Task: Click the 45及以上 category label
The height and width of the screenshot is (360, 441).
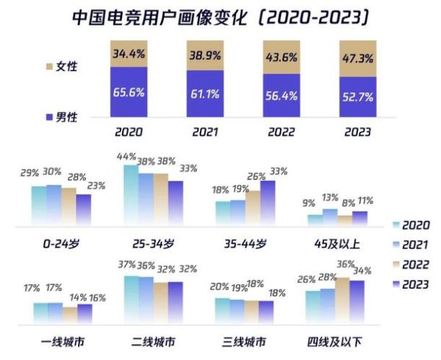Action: (x=336, y=244)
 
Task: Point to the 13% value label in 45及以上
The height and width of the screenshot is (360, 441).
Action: (x=330, y=198)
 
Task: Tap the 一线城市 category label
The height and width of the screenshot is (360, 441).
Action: (x=62, y=342)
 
